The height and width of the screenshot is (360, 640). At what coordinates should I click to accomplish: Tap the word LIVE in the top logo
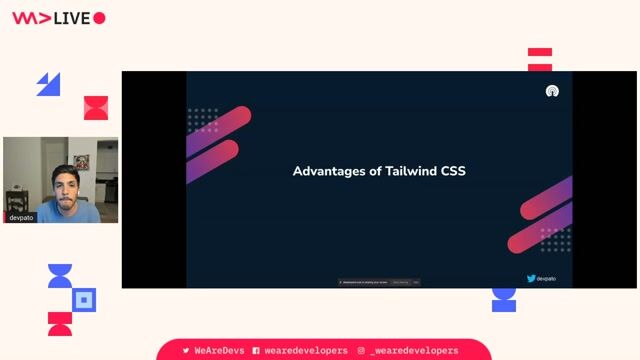(73, 18)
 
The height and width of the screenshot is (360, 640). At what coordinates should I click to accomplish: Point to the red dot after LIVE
(99, 18)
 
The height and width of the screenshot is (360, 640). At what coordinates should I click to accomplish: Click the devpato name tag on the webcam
(21, 217)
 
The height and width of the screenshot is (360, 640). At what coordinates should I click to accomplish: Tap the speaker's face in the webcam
(63, 188)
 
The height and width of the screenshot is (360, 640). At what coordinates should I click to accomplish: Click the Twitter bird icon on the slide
(531, 278)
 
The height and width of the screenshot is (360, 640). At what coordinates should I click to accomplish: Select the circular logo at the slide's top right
(551, 91)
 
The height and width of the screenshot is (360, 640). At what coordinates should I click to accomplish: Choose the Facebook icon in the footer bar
(256, 351)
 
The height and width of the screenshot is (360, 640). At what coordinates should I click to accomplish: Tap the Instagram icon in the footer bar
(361, 351)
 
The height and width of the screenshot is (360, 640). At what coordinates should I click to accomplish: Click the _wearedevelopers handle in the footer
(414, 351)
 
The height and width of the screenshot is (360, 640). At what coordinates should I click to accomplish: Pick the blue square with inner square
(85, 299)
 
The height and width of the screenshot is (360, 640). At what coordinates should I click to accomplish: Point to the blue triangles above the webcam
(48, 84)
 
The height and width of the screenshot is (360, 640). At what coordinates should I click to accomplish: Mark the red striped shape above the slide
(540, 59)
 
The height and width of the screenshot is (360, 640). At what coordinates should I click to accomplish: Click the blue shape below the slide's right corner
(504, 299)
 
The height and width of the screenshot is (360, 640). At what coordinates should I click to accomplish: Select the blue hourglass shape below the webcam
(60, 276)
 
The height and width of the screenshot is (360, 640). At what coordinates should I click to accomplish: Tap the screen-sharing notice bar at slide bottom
(379, 282)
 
